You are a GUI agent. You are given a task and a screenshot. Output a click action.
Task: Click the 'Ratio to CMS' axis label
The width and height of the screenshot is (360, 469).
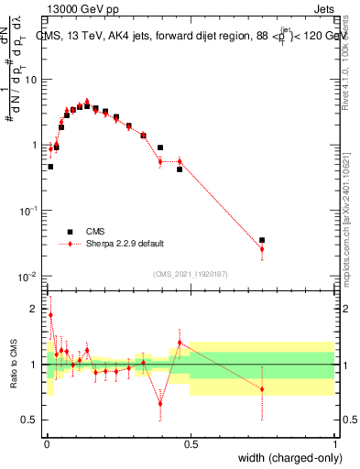point(13,365)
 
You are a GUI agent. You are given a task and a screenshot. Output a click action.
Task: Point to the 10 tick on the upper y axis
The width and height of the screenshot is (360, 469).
point(32,79)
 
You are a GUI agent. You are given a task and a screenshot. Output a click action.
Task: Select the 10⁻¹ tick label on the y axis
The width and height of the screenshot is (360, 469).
point(29,211)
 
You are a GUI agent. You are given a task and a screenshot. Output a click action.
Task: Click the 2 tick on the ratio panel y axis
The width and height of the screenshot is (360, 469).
point(35,309)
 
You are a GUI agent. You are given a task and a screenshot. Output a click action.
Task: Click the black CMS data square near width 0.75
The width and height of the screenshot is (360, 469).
point(262,240)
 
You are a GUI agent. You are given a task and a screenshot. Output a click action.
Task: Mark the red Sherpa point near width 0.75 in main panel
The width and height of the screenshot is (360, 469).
point(262,249)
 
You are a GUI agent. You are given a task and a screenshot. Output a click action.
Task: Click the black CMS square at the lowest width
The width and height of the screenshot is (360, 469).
point(50,167)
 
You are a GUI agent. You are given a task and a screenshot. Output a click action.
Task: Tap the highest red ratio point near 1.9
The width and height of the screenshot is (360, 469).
point(50,315)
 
